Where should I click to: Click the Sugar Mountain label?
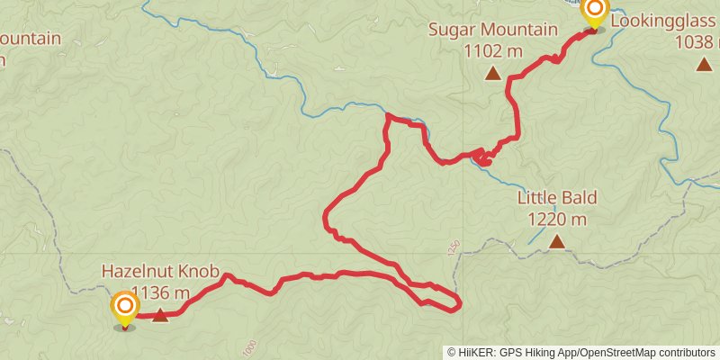pos(492,30)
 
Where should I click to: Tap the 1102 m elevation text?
pos(493,51)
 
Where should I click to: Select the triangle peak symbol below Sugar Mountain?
pos(492,74)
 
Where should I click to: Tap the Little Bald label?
pos(557,197)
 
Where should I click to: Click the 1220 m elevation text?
pos(557,219)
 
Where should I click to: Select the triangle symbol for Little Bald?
pos(557,241)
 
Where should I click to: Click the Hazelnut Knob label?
pos(160,270)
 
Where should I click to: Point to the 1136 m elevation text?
pos(160,292)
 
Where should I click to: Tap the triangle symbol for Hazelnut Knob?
pos(160,314)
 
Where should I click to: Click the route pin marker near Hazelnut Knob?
pos(124,309)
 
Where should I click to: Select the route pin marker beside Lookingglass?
pos(594,12)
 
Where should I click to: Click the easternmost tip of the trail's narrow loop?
pos(460,303)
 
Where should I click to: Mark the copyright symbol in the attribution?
pos(452,352)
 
